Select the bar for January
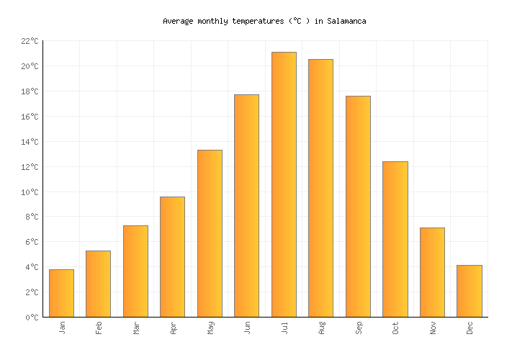click(x=61, y=293)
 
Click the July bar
click(x=284, y=184)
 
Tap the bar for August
click(x=320, y=188)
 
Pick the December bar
click(x=469, y=291)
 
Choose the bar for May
click(x=210, y=233)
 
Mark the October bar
click(x=395, y=239)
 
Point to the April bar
click(x=172, y=256)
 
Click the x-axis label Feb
click(x=99, y=328)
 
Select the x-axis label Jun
click(x=247, y=328)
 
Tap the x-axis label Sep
click(x=358, y=328)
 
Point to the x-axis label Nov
click(x=432, y=328)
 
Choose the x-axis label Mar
click(x=135, y=328)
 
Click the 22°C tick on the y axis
click(x=30, y=42)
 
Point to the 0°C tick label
click(x=32, y=318)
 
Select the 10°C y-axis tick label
click(x=30, y=192)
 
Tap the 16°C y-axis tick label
click(x=30, y=117)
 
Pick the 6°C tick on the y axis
click(x=32, y=242)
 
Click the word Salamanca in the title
click(x=346, y=22)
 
